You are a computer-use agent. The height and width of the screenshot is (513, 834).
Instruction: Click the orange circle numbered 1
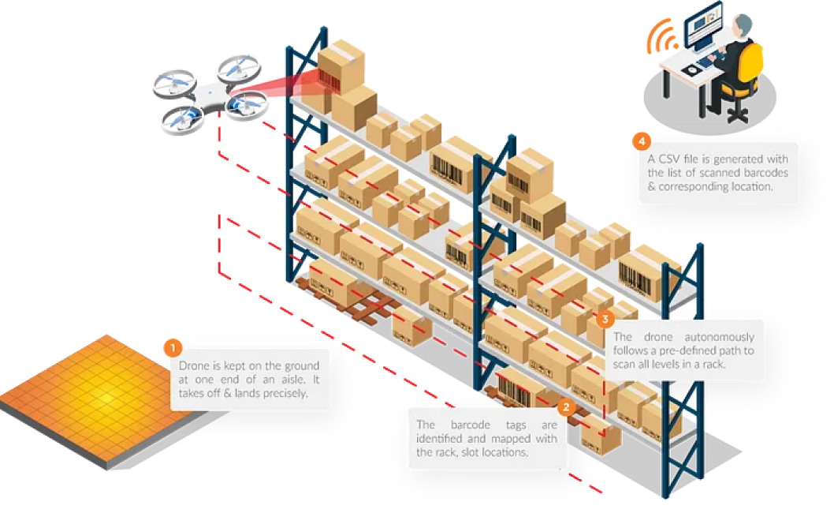172,346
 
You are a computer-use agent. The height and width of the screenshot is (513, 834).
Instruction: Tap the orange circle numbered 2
565,407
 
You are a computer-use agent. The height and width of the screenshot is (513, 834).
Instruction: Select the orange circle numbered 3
605,320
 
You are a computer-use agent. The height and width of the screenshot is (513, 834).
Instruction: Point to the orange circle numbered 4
642,142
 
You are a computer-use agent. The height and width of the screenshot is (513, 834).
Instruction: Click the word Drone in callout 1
195,365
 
